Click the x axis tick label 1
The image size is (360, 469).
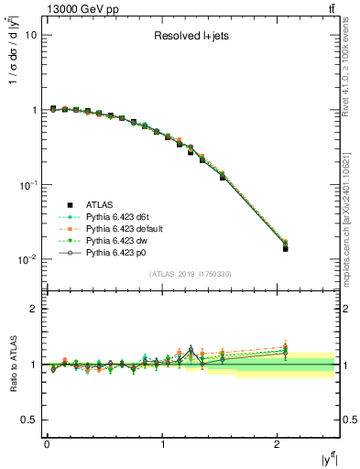163,445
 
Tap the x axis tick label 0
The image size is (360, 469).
47,445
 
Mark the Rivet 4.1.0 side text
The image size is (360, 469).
351,73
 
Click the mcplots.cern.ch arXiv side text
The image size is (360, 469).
351,197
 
